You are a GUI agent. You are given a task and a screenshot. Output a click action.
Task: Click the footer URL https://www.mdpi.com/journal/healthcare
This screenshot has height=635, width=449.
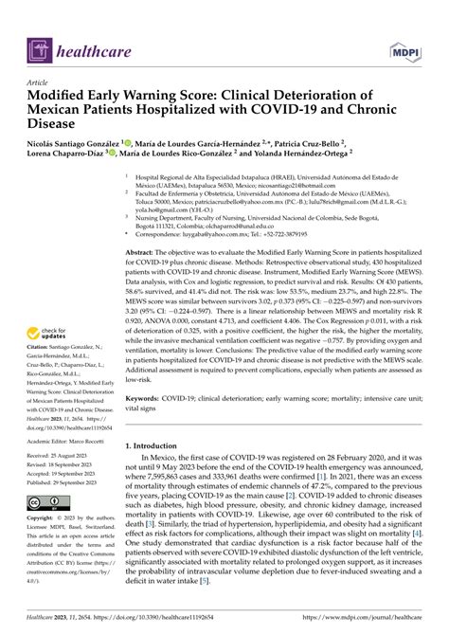pyautogui.click(x=361, y=617)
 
